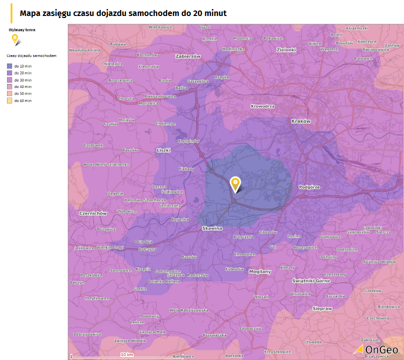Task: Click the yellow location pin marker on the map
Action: point(235,183)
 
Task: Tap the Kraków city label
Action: point(301,121)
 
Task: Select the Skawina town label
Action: point(212,228)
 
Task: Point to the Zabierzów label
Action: point(188,56)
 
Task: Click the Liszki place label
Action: point(163,149)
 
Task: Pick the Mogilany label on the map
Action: point(260,271)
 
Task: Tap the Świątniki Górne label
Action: point(311,281)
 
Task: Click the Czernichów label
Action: point(93,213)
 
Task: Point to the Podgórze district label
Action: point(309,187)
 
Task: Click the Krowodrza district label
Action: point(263,106)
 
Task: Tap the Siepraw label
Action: point(322,308)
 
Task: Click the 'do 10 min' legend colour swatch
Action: point(9,66)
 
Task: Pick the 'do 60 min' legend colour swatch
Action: point(9,100)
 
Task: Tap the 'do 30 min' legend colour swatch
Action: point(9,80)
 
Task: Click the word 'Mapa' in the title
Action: point(29,13)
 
